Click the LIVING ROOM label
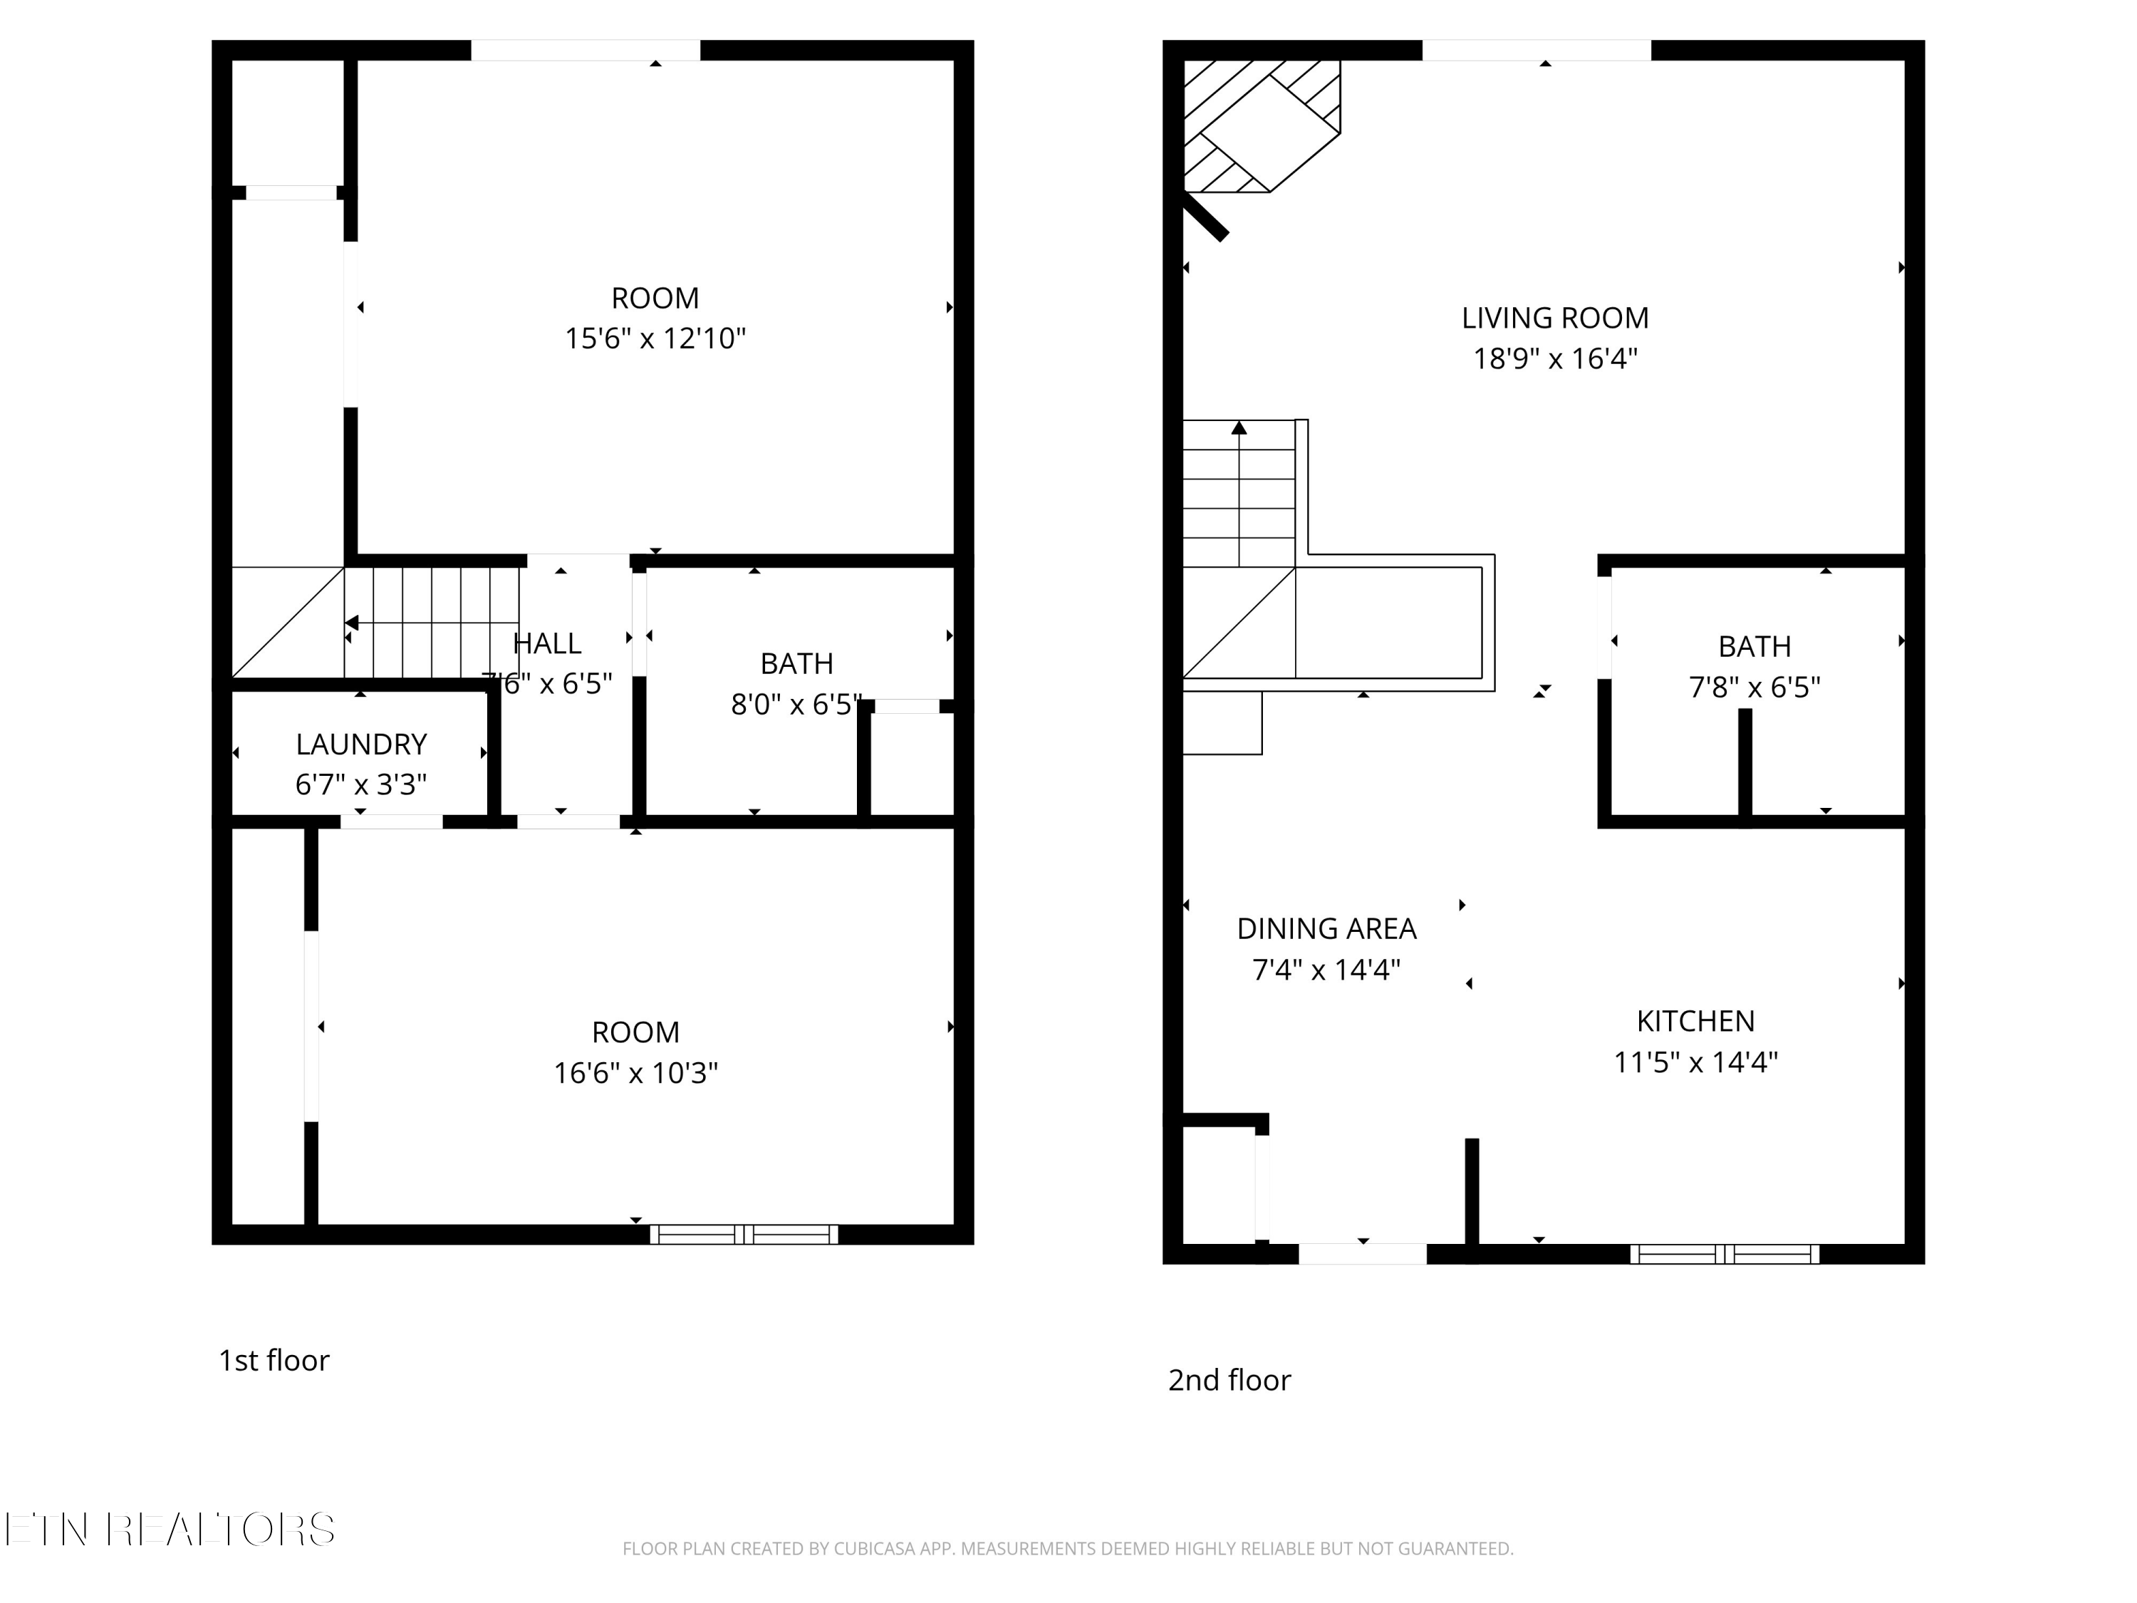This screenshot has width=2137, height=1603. pos(1554,318)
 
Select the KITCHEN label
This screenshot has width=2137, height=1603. pos(1695,1022)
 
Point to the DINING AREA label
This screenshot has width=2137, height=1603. pos(1326,928)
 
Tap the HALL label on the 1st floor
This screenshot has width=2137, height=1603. pos(547,643)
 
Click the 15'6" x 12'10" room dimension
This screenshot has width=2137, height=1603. pos(655,339)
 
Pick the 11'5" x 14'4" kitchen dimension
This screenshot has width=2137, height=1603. pos(1695,1063)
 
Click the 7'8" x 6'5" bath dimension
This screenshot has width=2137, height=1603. pos(1754,687)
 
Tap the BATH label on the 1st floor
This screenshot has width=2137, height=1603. pos(796,664)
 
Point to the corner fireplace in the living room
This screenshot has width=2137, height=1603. pos(1262,125)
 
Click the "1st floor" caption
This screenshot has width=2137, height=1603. pos(274,1361)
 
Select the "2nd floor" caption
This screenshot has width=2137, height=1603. pos(1229,1380)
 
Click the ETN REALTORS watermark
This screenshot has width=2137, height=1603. pos(170,1530)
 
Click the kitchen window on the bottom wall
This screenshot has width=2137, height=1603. pos(1725,1254)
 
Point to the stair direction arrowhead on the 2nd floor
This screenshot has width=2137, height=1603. pos(1239,427)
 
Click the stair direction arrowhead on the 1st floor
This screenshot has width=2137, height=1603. pos(352,623)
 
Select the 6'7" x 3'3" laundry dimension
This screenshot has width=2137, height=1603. pos(361,784)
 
